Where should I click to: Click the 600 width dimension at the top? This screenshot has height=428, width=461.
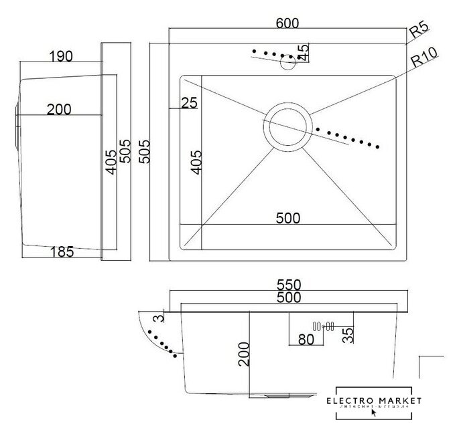coord(287,22)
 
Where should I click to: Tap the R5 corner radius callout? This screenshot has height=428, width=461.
coord(419,29)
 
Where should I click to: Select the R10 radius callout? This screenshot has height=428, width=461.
coord(423,61)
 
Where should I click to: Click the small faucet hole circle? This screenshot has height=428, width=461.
coord(288,63)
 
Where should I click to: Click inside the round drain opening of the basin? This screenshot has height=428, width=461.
coord(288,126)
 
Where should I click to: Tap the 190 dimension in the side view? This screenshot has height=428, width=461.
coord(61,56)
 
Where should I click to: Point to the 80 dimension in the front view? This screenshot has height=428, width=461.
coord(306,340)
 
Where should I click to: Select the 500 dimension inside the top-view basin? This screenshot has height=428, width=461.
coord(287,218)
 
